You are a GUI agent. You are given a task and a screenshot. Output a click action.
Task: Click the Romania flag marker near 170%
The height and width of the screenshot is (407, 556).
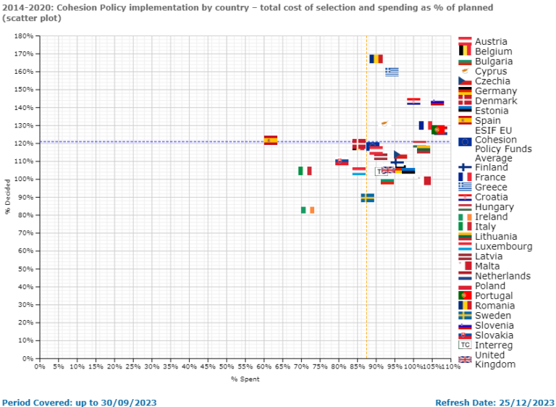pos(376,59)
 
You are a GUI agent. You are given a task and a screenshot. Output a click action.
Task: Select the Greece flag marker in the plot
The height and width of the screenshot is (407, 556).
pos(392,72)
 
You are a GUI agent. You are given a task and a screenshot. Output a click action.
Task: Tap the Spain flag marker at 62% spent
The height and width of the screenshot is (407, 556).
pos(271,140)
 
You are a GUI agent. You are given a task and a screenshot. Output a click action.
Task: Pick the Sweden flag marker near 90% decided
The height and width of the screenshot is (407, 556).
pos(368,197)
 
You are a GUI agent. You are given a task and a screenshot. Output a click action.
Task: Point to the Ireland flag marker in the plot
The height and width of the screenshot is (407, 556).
pos(308,210)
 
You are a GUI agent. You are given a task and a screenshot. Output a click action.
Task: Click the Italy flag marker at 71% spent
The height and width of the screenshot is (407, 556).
pos(305,171)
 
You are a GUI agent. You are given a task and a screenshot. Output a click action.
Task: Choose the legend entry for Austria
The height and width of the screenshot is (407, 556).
pos(491,42)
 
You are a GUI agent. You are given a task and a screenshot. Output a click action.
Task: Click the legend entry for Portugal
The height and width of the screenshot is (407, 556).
pos(493,295)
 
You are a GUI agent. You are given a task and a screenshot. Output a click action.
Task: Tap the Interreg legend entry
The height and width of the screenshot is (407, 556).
pos(494,345)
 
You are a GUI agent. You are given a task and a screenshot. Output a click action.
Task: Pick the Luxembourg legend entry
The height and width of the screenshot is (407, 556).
pos(503,246)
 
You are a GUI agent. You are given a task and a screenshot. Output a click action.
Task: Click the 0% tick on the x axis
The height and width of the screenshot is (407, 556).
pos(40,367)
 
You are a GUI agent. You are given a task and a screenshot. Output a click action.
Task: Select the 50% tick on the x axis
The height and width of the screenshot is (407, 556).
pos(227,367)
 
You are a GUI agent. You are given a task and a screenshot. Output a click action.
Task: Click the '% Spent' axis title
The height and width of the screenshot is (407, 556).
pos(245,379)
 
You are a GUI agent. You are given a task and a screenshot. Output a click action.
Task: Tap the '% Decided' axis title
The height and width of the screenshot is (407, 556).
pos(9,197)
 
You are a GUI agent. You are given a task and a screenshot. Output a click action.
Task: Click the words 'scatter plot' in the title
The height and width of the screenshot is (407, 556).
pos(34,18)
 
